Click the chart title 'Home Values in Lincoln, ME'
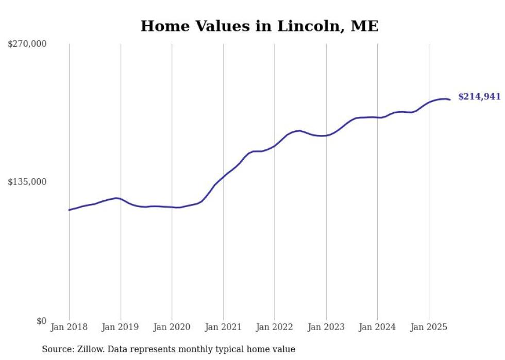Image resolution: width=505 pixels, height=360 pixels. pyautogui.click(x=259, y=26)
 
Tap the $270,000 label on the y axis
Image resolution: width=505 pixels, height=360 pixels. pyautogui.click(x=27, y=44)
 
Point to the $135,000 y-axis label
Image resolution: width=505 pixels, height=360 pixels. pyautogui.click(x=27, y=182)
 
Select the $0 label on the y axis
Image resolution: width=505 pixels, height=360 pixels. pyautogui.click(x=41, y=321)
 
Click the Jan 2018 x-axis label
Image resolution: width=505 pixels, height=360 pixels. pyautogui.click(x=69, y=327)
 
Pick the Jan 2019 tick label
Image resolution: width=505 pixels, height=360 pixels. pyautogui.click(x=121, y=327)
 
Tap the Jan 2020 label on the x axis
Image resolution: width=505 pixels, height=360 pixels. pyautogui.click(x=172, y=327)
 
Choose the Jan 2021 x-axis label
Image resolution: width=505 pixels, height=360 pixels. pyautogui.click(x=223, y=327)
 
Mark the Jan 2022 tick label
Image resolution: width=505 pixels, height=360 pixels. pyautogui.click(x=275, y=327)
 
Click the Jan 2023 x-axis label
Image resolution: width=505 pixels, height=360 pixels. pyautogui.click(x=326, y=327)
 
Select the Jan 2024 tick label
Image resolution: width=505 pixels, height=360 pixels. pyautogui.click(x=377, y=327)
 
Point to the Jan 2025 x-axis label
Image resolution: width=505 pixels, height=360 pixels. pyautogui.click(x=428, y=327)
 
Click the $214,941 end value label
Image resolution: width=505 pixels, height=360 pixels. pyautogui.click(x=479, y=96)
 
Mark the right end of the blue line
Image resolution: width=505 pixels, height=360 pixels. pyautogui.click(x=450, y=99)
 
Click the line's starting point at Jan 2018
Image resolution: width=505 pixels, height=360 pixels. pyautogui.click(x=69, y=210)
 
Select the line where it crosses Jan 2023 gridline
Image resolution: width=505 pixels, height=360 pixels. pyautogui.click(x=326, y=135)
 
